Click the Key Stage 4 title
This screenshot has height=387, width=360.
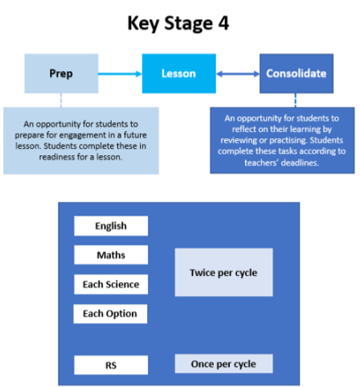[x=178, y=23]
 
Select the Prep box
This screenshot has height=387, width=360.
[x=61, y=73]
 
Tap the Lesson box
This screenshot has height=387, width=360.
[x=179, y=73]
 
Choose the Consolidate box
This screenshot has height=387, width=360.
[x=297, y=73]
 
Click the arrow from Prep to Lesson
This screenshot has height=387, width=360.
[x=120, y=74]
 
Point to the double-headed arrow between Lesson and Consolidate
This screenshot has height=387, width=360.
[x=238, y=74]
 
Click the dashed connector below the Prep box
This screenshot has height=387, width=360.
[x=61, y=101]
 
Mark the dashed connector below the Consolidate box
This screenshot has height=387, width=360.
[x=296, y=101]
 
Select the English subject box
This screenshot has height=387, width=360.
[x=111, y=226]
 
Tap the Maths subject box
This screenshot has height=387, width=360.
[x=111, y=255]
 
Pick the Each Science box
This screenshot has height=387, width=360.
[x=111, y=284]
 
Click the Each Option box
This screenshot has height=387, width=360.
[x=110, y=314]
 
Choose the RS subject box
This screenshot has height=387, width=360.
[x=111, y=365]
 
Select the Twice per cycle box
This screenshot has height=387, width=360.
[x=224, y=272]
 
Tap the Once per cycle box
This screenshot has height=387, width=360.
[x=224, y=364]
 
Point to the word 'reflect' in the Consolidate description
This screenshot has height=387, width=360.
[x=243, y=130]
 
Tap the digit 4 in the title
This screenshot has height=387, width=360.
[x=223, y=23]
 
